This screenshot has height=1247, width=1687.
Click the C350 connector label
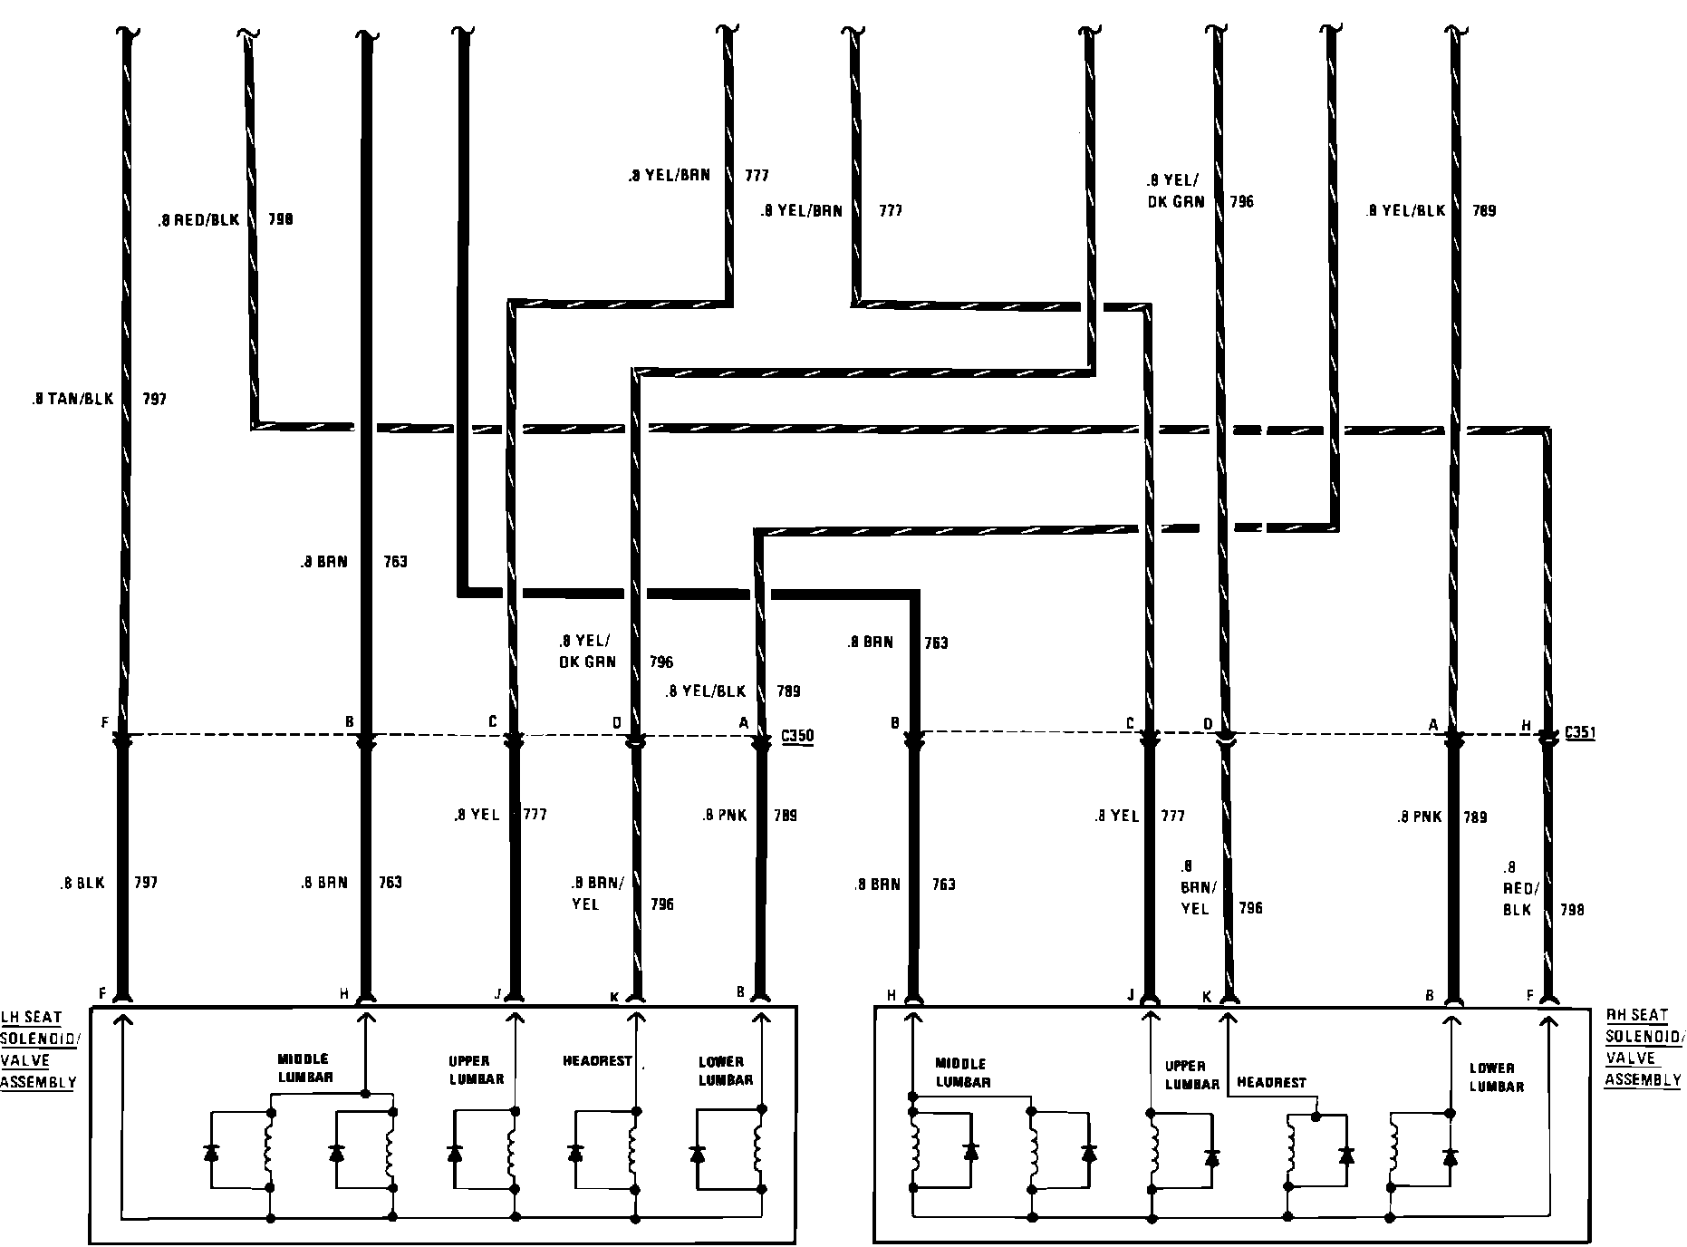[x=797, y=737]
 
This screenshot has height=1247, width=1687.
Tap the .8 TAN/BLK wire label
[x=72, y=398]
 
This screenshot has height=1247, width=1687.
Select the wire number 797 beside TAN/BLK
[x=155, y=398]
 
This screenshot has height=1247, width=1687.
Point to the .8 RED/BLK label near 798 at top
[x=198, y=219]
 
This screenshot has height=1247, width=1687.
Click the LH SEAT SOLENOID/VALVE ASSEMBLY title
[x=41, y=1049]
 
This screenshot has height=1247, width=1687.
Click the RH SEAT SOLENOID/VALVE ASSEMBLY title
[x=1644, y=1047]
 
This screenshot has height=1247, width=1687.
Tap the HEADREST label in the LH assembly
[x=596, y=1061]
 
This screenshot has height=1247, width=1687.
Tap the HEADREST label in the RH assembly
[x=1271, y=1082]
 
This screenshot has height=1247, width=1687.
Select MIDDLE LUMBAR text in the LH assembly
[x=304, y=1068]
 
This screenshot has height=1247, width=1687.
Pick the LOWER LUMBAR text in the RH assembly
[x=1497, y=1077]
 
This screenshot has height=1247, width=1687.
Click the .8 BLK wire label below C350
[x=82, y=883]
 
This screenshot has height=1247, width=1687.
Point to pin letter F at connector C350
[x=106, y=723]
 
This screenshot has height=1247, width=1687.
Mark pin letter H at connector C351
[x=1527, y=726]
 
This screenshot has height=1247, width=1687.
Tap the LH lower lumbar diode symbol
[x=697, y=1154]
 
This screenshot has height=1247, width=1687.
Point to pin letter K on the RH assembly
[x=1207, y=996]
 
